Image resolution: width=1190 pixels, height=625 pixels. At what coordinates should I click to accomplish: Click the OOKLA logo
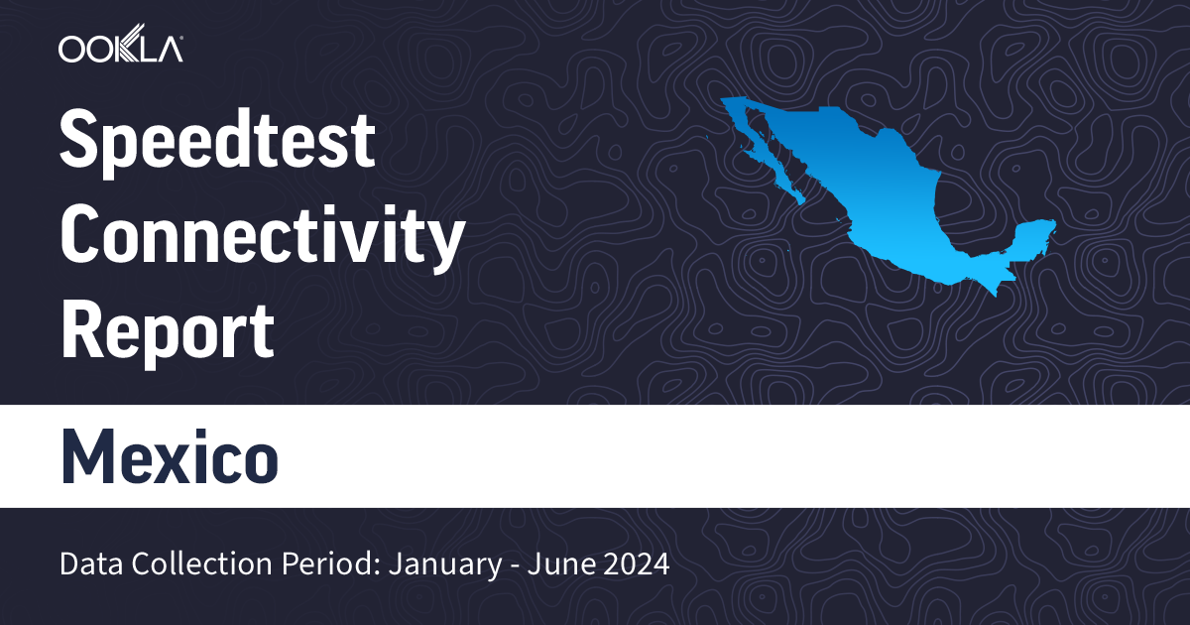pyautogui.click(x=120, y=49)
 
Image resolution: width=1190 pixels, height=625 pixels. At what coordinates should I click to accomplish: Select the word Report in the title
pyautogui.click(x=167, y=331)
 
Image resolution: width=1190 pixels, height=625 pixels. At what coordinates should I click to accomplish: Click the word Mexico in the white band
pyautogui.click(x=170, y=457)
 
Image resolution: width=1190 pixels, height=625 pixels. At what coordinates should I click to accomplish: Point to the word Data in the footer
pyautogui.click(x=86, y=565)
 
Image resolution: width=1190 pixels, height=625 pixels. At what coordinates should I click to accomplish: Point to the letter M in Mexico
pyautogui.click(x=87, y=457)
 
